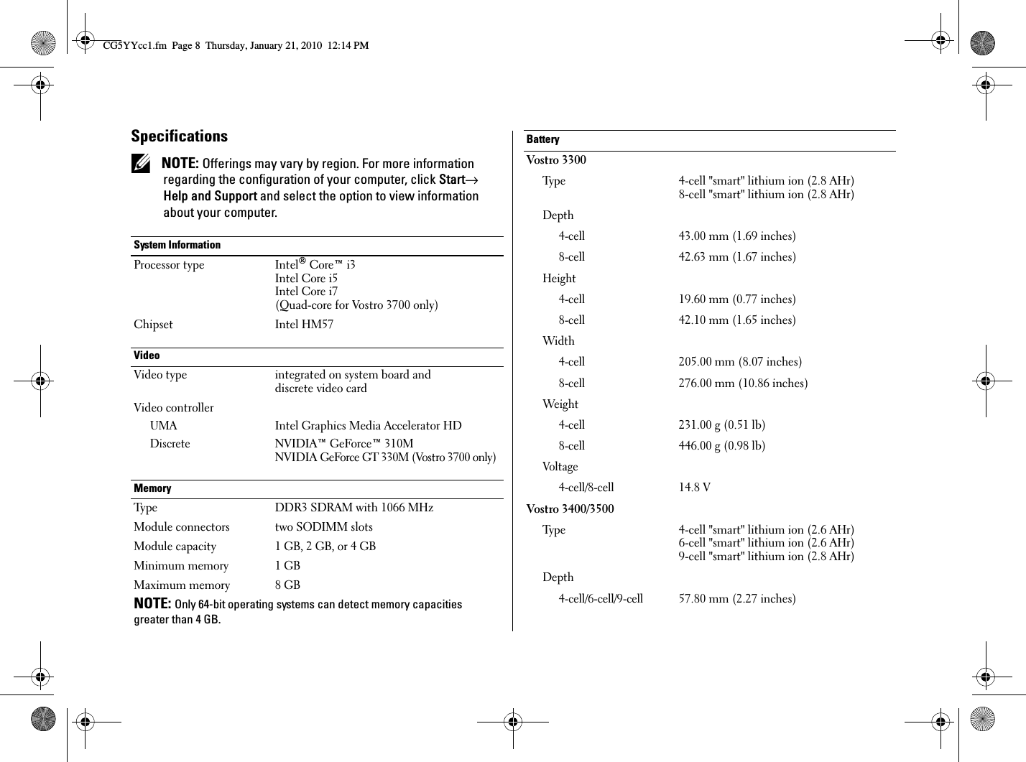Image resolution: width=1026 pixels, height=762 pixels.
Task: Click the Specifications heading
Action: point(179,136)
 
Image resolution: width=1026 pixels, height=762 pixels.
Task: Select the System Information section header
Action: point(177,245)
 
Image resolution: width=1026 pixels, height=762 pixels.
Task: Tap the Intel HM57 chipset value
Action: point(304,325)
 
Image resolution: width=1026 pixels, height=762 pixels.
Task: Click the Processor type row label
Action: point(169,265)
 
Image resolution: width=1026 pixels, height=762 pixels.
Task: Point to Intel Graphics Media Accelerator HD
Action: point(368,426)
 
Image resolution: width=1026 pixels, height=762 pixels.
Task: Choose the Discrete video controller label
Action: point(170,444)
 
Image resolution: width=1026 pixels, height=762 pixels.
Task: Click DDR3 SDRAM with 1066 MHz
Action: point(354,508)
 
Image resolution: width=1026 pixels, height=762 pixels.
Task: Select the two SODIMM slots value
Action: point(323,527)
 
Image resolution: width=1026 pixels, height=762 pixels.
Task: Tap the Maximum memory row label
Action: point(182,585)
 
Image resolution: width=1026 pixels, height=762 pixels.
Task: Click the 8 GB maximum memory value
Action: point(287,585)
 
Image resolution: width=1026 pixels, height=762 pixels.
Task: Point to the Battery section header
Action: point(542,139)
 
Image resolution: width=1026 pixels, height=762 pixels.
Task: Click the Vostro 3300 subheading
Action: point(556,160)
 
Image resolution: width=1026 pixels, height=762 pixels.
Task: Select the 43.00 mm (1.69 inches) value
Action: point(737,236)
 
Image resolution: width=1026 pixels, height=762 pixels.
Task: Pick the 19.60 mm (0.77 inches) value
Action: point(737,299)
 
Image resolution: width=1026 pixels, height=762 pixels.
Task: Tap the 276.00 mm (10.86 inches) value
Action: point(743,384)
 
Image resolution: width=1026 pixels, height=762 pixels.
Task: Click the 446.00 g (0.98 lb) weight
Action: point(722,446)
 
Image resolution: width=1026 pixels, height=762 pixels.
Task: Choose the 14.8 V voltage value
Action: point(695,488)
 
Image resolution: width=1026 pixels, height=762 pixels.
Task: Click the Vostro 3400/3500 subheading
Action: point(570,509)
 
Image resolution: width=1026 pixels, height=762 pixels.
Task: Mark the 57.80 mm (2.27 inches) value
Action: point(737,599)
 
